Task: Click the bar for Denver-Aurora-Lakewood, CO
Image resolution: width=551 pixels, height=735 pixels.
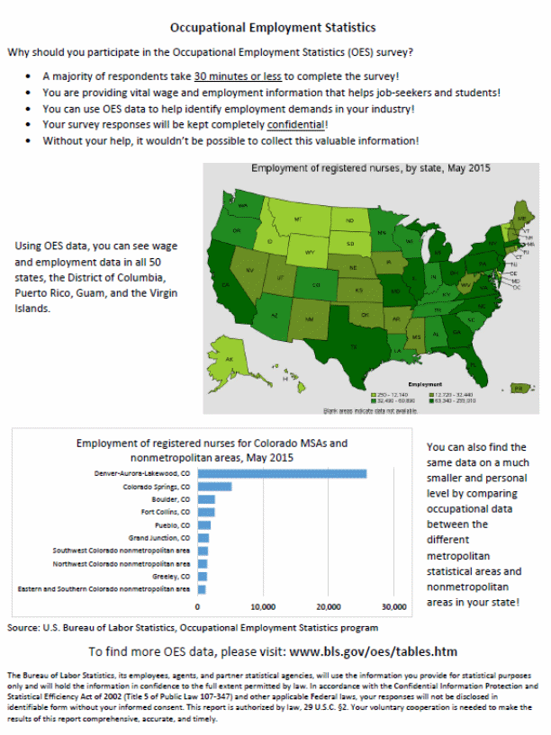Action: (x=283, y=473)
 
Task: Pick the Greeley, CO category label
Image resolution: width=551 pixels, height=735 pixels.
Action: (x=171, y=576)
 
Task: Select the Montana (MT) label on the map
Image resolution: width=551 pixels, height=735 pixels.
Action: (x=298, y=219)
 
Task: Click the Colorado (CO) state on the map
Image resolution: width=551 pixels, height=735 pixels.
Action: (x=315, y=285)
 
